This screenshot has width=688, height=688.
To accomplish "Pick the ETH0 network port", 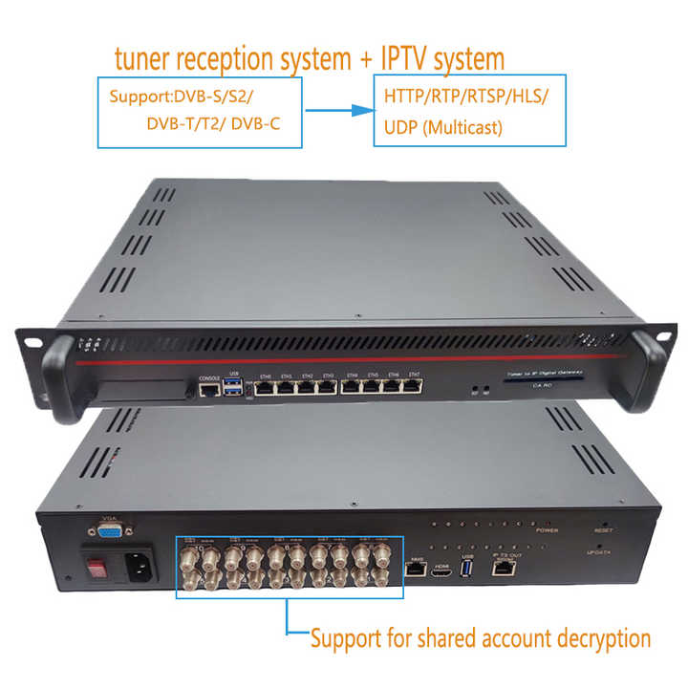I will click(x=266, y=389).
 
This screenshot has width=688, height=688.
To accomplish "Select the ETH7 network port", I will click(x=414, y=387).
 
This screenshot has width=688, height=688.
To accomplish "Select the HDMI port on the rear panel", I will click(x=441, y=570).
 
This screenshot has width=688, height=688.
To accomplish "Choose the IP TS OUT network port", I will click(x=503, y=568).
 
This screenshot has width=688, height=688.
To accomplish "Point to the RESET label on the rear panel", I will click(x=602, y=529).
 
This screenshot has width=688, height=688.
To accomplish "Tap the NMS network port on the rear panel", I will click(x=417, y=570).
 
